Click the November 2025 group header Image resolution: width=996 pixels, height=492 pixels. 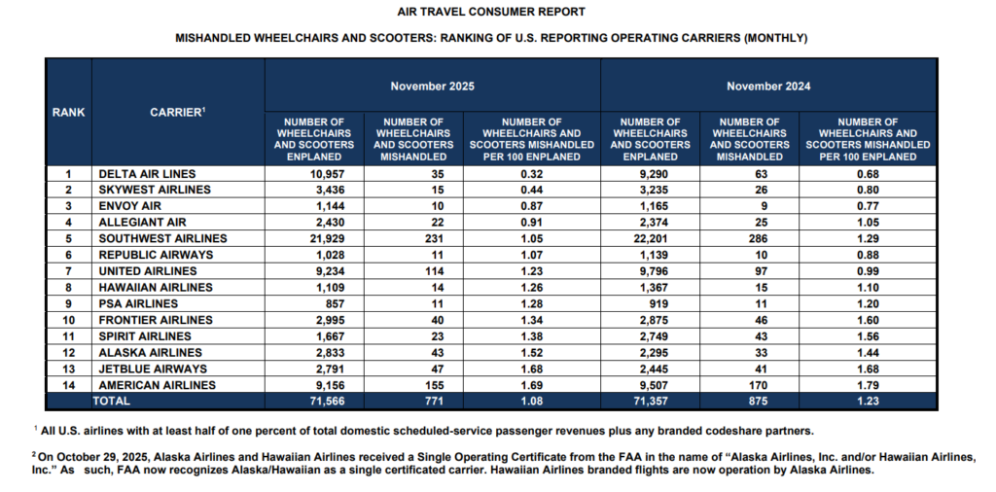click(432, 87)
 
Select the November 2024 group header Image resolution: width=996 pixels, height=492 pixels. click(768, 87)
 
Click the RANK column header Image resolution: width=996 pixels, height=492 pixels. click(68, 112)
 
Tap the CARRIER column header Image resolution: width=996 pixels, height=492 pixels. click(177, 112)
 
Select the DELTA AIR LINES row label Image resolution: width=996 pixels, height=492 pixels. click(147, 174)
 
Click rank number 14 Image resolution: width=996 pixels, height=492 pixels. click(68, 384)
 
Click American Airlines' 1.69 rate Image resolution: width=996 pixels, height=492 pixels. click(531, 384)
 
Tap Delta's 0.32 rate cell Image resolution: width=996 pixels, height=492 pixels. click(531, 174)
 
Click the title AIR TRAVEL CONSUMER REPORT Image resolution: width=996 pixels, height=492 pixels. click(491, 13)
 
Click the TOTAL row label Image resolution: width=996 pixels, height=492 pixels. click(111, 400)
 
